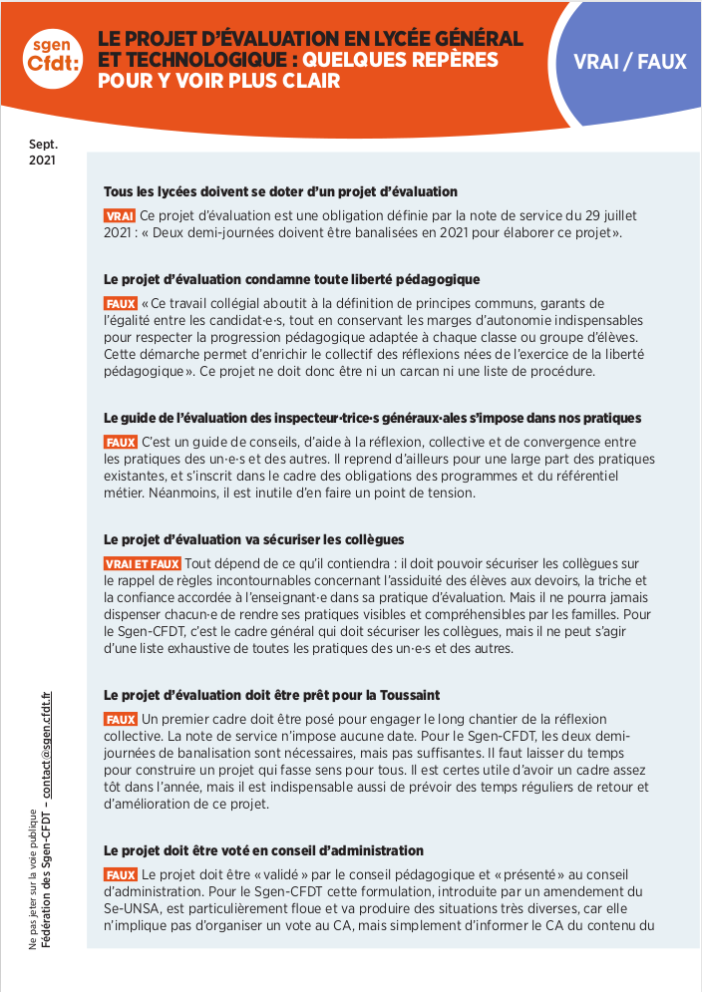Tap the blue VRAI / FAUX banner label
coord(629,62)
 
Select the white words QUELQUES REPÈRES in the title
coord(401,60)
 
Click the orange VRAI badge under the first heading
coord(119,215)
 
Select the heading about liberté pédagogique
coord(292,279)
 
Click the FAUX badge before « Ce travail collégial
coord(120,303)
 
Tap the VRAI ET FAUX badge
coord(142,564)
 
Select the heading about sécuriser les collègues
coord(253,540)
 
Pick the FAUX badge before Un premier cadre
coord(120,719)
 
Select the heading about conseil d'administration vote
coord(263,850)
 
